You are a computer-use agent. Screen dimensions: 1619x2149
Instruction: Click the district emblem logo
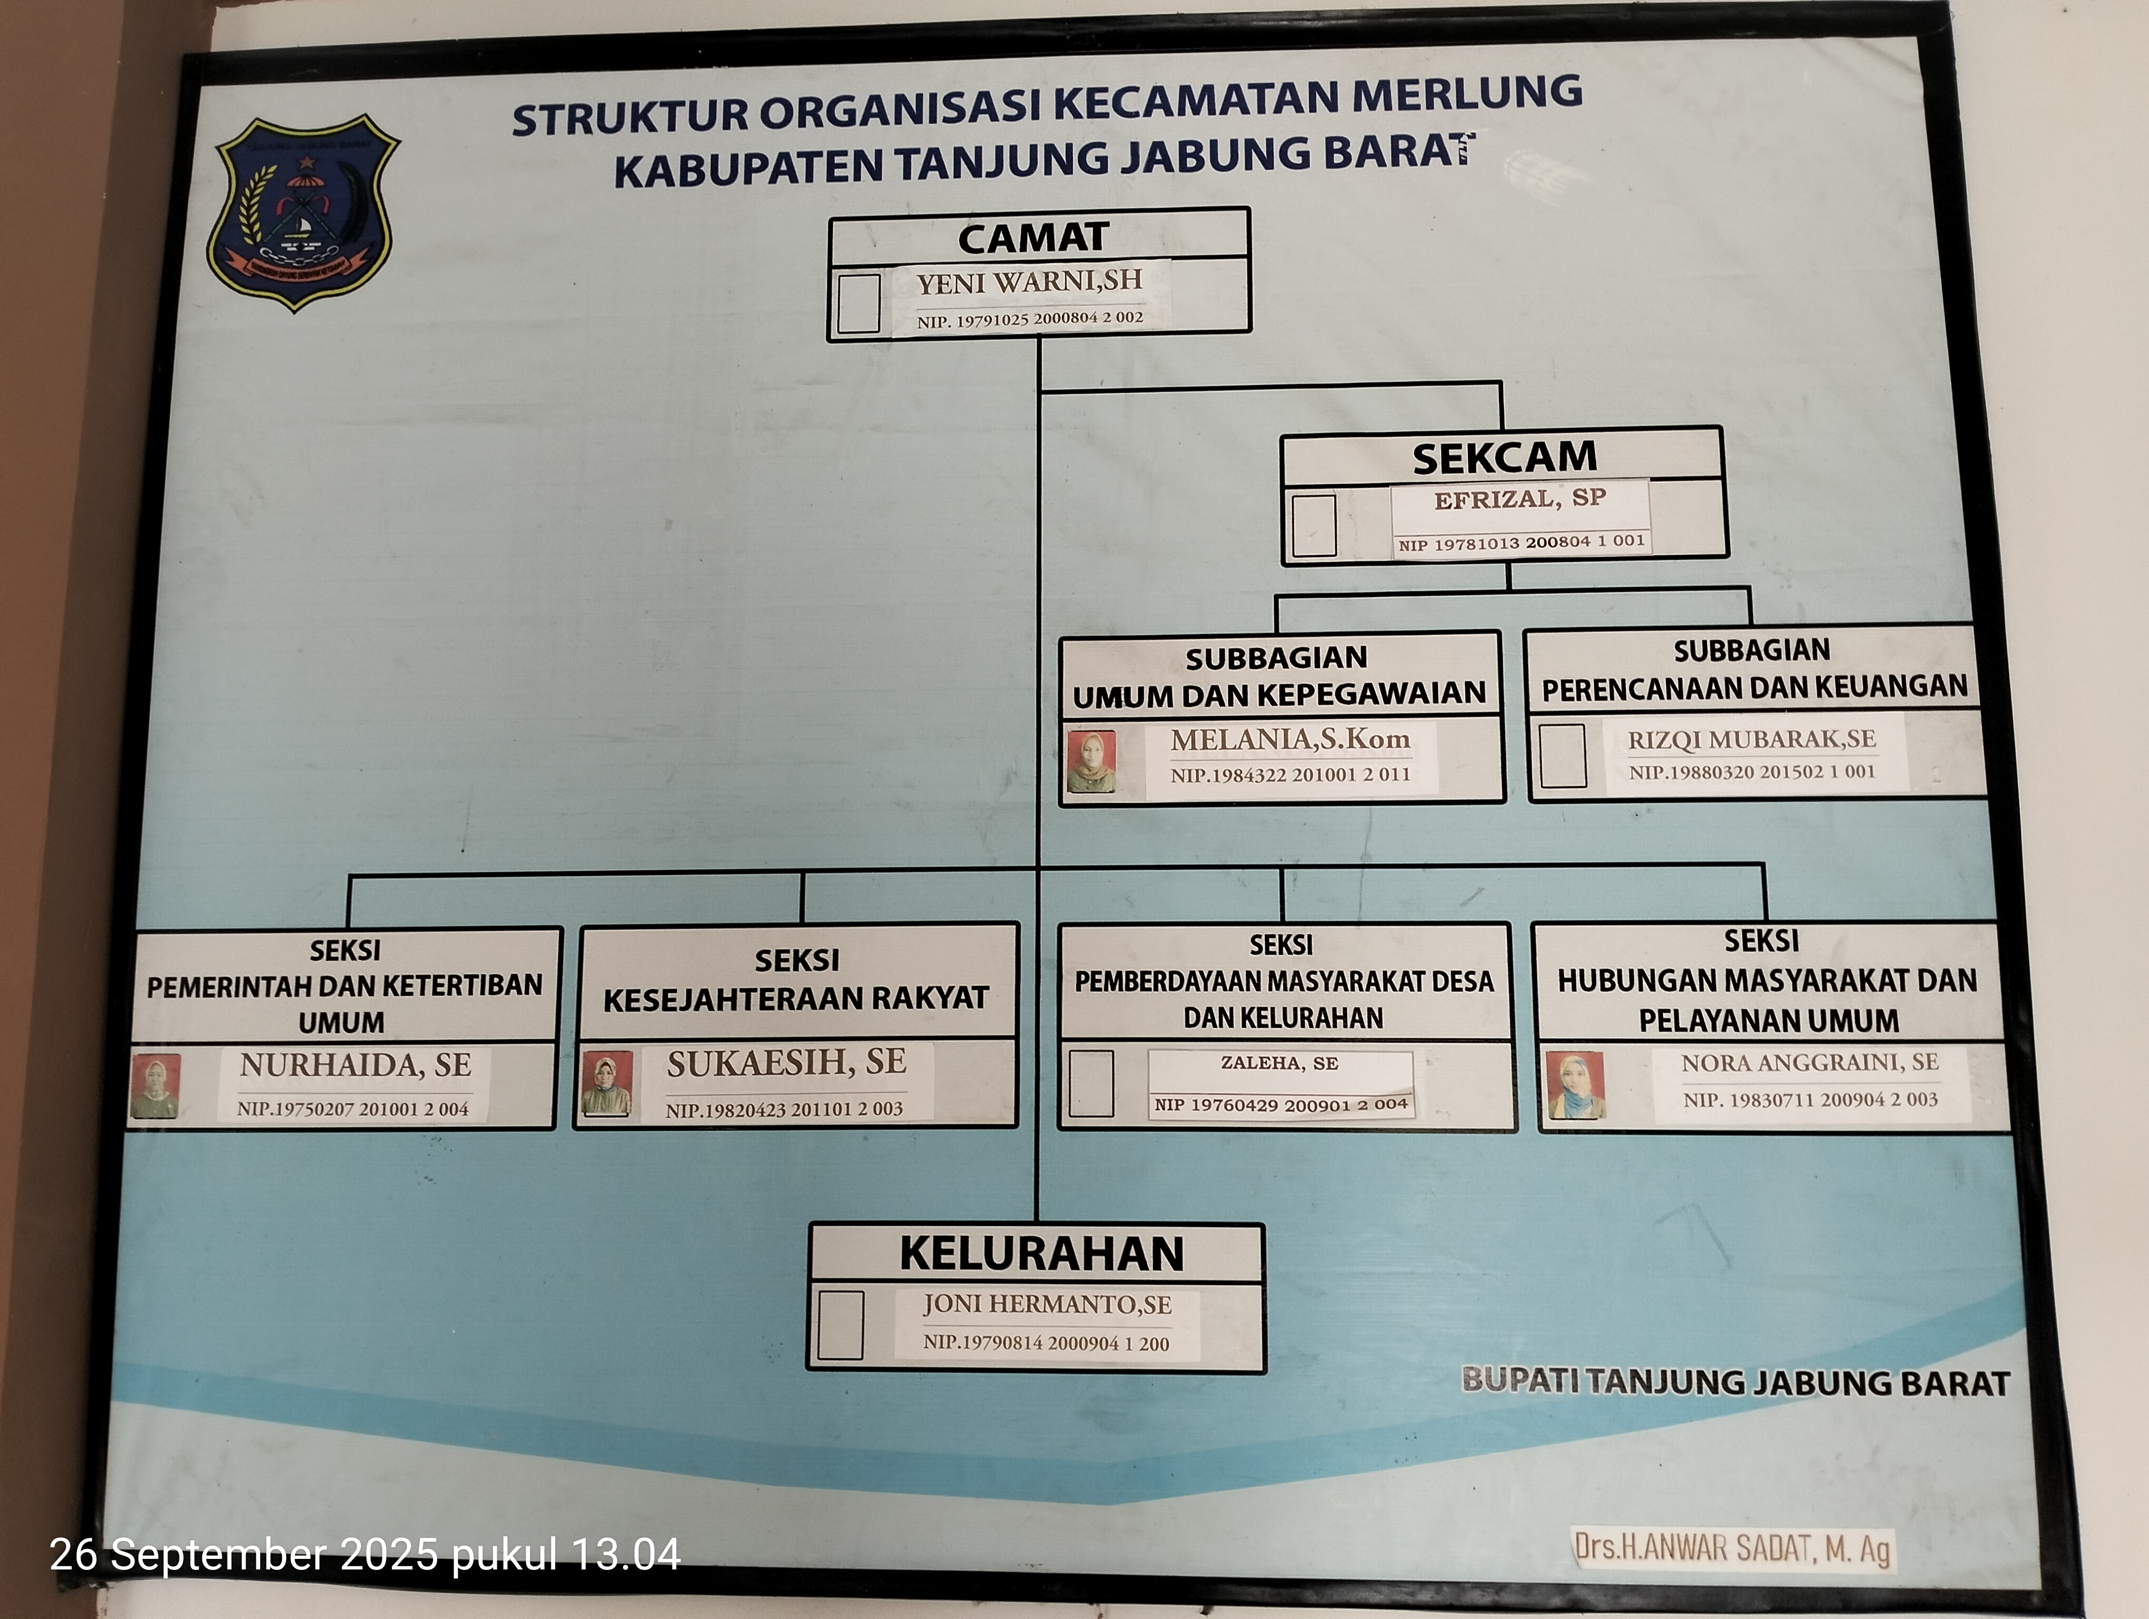302,212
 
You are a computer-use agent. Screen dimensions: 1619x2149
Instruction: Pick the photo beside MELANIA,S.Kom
1090,762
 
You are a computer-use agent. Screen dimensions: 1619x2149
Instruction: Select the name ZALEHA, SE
1279,1063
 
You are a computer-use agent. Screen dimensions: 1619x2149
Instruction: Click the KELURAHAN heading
1041,1254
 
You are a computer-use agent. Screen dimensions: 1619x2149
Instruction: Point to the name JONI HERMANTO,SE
1047,1304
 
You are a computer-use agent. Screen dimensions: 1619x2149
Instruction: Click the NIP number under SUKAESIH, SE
784,1109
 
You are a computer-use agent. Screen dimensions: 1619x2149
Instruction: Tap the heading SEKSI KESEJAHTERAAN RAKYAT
796,980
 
